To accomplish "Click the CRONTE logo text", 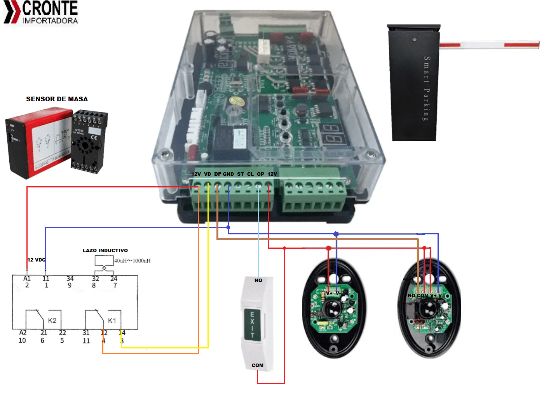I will click(50, 9).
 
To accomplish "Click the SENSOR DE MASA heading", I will click(57, 99).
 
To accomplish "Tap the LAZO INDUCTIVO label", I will click(105, 250).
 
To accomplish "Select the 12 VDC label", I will click(36, 260).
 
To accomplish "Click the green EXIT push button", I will click(252, 324).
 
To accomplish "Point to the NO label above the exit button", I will click(258, 280).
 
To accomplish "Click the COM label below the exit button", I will click(257, 365).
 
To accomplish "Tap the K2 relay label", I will click(52, 321).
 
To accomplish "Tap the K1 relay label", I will click(112, 321).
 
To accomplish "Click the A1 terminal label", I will click(27, 278).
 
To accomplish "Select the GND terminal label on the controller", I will click(228, 174).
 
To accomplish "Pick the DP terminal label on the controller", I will click(218, 174).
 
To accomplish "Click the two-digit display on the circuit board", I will click(333, 134).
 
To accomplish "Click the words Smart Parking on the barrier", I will click(427, 88).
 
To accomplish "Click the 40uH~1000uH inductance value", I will click(133, 261).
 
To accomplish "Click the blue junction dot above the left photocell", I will click(336, 234).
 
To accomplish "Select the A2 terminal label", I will click(23, 333).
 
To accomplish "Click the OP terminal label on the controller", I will click(260, 174).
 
